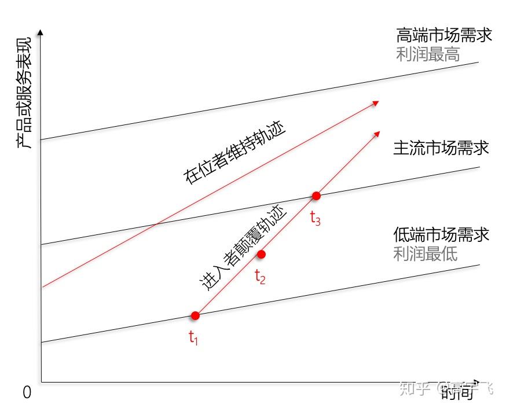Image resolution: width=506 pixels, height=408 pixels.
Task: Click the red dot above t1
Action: coord(195,315)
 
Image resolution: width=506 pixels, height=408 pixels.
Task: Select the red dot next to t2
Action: coord(261,254)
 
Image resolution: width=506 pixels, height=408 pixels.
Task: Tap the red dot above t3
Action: coord(316,196)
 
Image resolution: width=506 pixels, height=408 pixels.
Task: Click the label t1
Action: coord(193,339)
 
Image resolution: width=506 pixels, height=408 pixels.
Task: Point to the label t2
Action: coord(261,277)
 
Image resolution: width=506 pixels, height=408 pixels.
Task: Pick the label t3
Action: coord(316,219)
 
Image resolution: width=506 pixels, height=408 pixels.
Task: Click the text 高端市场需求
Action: coord(444,35)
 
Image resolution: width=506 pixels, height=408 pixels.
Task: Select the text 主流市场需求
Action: coord(441,148)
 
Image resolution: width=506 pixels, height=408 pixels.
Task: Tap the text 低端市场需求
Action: coord(441,234)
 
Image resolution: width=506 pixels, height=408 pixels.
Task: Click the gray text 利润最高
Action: coord(428,54)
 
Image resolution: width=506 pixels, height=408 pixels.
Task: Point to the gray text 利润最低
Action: coord(426,253)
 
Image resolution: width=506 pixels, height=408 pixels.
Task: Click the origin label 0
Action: coord(27,393)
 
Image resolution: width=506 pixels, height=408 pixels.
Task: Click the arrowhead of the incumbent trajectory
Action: coord(376,102)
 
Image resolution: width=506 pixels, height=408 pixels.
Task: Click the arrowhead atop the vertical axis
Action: coord(41,32)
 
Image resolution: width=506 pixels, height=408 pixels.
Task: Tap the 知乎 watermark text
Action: coord(416,388)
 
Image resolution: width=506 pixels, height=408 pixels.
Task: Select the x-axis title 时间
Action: coord(457,394)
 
